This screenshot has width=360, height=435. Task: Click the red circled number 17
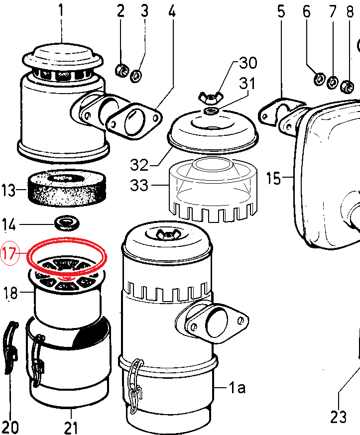pyautogui.click(x=10, y=254)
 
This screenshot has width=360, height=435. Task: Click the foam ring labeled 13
pyautogui.click(x=67, y=188)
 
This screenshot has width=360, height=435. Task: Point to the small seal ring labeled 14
pyautogui.click(x=67, y=223)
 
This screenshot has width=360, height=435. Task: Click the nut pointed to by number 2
pyautogui.click(x=121, y=71)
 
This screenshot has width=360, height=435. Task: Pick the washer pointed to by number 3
pyautogui.click(x=136, y=76)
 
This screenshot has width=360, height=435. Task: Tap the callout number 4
pyautogui.click(x=172, y=11)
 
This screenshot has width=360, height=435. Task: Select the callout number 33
pyautogui.click(x=139, y=185)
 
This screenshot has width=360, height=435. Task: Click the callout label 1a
pyautogui.click(x=237, y=387)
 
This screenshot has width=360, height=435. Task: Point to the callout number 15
pyautogui.click(x=273, y=178)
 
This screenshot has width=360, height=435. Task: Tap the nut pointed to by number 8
pyautogui.click(x=347, y=87)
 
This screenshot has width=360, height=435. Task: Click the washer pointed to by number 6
pyautogui.click(x=320, y=79)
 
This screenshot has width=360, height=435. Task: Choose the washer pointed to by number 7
pyautogui.click(x=332, y=83)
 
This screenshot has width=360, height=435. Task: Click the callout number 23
pyautogui.click(x=339, y=417)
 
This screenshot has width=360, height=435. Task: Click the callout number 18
pyautogui.click(x=10, y=293)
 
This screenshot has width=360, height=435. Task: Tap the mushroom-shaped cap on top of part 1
pyautogui.click(x=63, y=59)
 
